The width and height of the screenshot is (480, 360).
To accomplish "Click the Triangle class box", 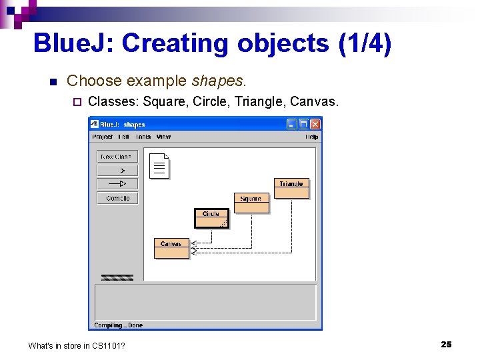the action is [291, 188].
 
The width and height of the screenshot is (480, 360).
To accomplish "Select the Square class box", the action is [251, 203].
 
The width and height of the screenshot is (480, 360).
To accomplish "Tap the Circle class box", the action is [211, 218].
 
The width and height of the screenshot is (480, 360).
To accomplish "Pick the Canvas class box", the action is [171, 248].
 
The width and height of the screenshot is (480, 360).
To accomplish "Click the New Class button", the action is [117, 157].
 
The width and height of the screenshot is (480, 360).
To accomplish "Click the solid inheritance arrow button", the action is [117, 183].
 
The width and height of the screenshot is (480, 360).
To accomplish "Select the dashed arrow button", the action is [117, 170].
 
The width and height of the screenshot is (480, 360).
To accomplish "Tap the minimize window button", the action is [292, 124].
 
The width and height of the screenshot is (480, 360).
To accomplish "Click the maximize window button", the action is [303, 124].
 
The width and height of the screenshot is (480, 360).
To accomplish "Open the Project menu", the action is [102, 137].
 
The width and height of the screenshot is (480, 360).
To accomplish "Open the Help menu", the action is [311, 137].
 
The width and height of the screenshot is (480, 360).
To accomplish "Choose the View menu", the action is [163, 137].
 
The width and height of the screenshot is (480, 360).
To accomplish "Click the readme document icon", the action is [159, 167].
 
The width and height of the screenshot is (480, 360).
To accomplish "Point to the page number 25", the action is [446, 344].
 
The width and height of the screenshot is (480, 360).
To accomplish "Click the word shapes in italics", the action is [219, 81].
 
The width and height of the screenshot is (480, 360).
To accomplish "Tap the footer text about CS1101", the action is [77, 345].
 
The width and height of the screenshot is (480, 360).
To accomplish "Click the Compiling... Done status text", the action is [118, 325].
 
